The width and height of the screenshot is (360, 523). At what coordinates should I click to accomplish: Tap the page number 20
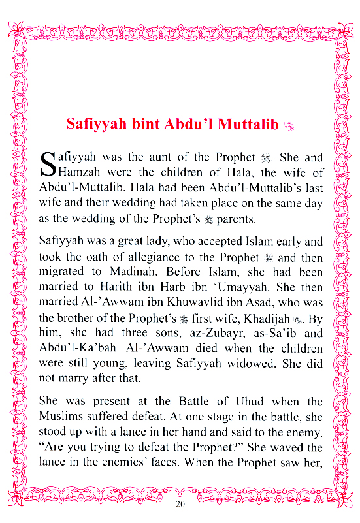pyautogui.click(x=180, y=505)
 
